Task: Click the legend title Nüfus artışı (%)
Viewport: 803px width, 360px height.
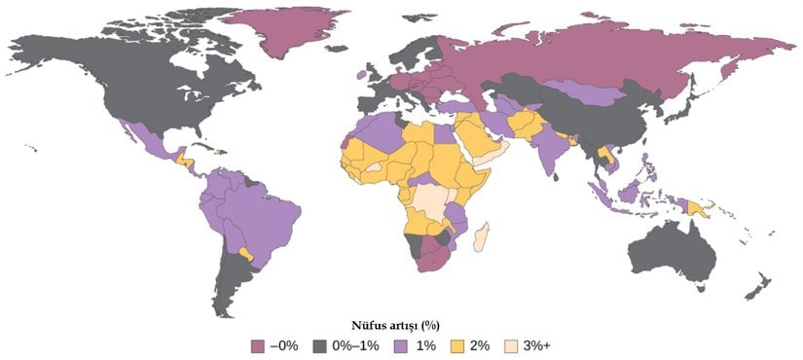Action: tap(401, 324)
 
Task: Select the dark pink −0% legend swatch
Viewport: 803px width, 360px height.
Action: tap(258, 344)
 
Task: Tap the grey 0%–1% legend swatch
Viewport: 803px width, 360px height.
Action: tap(320, 344)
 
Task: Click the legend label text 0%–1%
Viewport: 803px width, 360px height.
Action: tap(354, 344)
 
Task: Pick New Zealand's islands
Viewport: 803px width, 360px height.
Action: tap(754, 287)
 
